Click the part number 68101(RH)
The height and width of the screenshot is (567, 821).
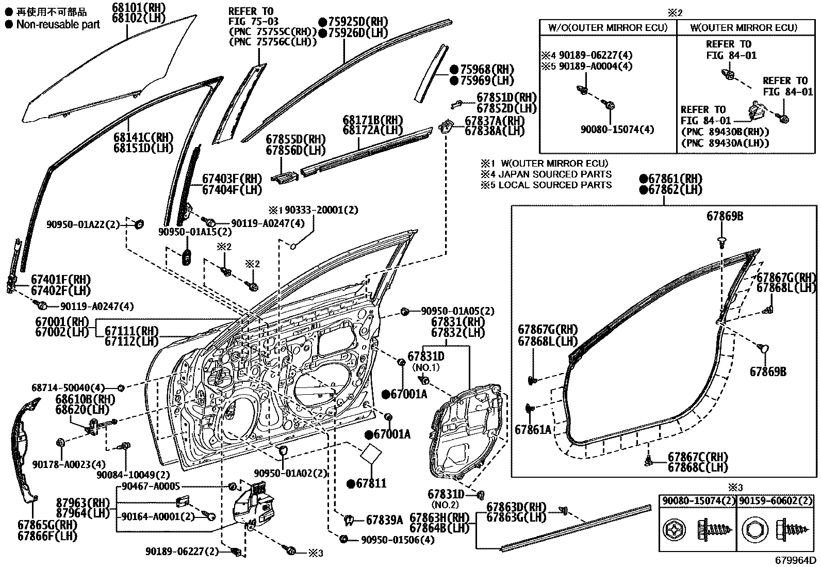click(139, 8)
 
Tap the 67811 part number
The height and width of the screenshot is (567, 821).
click(371, 483)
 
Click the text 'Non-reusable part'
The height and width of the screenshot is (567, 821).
click(58, 25)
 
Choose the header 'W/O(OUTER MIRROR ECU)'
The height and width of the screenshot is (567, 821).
click(608, 28)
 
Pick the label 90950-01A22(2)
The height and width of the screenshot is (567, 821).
click(83, 224)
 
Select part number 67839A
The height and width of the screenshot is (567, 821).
click(384, 520)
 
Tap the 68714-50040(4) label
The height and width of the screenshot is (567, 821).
click(68, 387)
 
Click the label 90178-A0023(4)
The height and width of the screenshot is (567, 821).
click(69, 464)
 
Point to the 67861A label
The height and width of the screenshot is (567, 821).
click(533, 429)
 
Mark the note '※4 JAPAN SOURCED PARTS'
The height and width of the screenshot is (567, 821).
click(546, 174)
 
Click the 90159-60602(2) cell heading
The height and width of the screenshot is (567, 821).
click(775, 501)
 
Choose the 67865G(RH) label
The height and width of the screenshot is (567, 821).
click(47, 525)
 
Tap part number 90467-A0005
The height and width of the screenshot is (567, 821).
click(151, 487)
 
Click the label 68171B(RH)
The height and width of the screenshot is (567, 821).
click(373, 120)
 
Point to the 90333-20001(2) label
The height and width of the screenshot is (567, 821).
click(321, 210)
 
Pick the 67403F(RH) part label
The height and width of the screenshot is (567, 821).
click(233, 179)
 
